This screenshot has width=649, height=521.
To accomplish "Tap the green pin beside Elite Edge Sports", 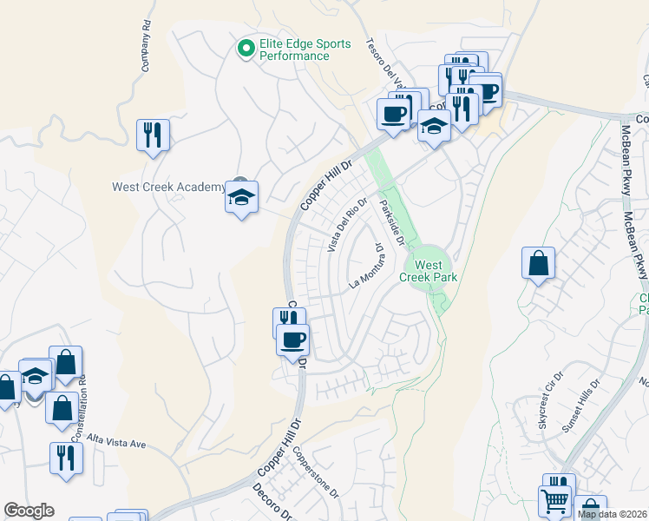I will click(246, 49).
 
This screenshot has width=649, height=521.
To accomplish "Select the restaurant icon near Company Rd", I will click(153, 135).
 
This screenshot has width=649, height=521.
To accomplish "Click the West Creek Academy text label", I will click(168, 187).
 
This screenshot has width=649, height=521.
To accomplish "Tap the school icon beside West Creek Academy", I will click(242, 197).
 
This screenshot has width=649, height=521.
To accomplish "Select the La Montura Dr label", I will click(367, 267).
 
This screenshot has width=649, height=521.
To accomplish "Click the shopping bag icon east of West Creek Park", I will click(538, 263).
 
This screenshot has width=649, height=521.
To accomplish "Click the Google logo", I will click(29, 511).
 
